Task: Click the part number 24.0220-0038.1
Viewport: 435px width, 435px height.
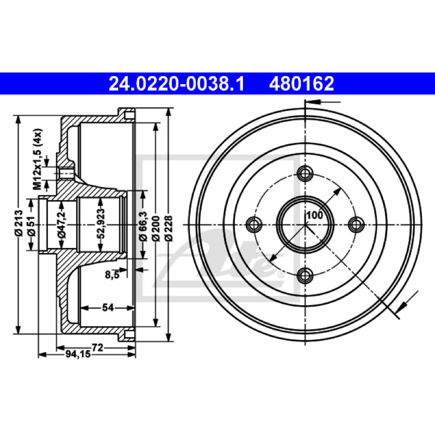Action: (x=176, y=84)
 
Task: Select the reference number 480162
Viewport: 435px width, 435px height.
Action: (x=301, y=84)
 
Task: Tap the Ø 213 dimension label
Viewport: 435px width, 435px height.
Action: (x=18, y=223)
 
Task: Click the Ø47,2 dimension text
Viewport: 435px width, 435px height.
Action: (x=62, y=225)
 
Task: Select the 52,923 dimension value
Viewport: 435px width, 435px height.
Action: (x=101, y=223)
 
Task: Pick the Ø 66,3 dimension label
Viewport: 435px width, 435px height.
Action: (x=143, y=226)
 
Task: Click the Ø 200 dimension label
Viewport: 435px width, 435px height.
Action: (x=156, y=228)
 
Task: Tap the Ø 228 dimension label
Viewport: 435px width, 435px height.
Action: (x=169, y=228)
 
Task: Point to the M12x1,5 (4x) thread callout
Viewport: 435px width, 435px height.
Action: (x=37, y=159)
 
